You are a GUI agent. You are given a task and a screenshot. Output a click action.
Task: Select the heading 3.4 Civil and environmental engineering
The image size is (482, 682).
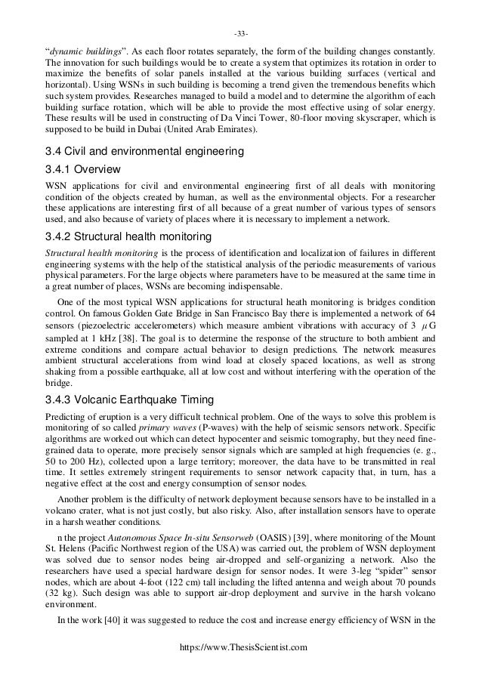click(145, 152)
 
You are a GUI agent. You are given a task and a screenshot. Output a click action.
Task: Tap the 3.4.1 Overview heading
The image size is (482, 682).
click(83, 168)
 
